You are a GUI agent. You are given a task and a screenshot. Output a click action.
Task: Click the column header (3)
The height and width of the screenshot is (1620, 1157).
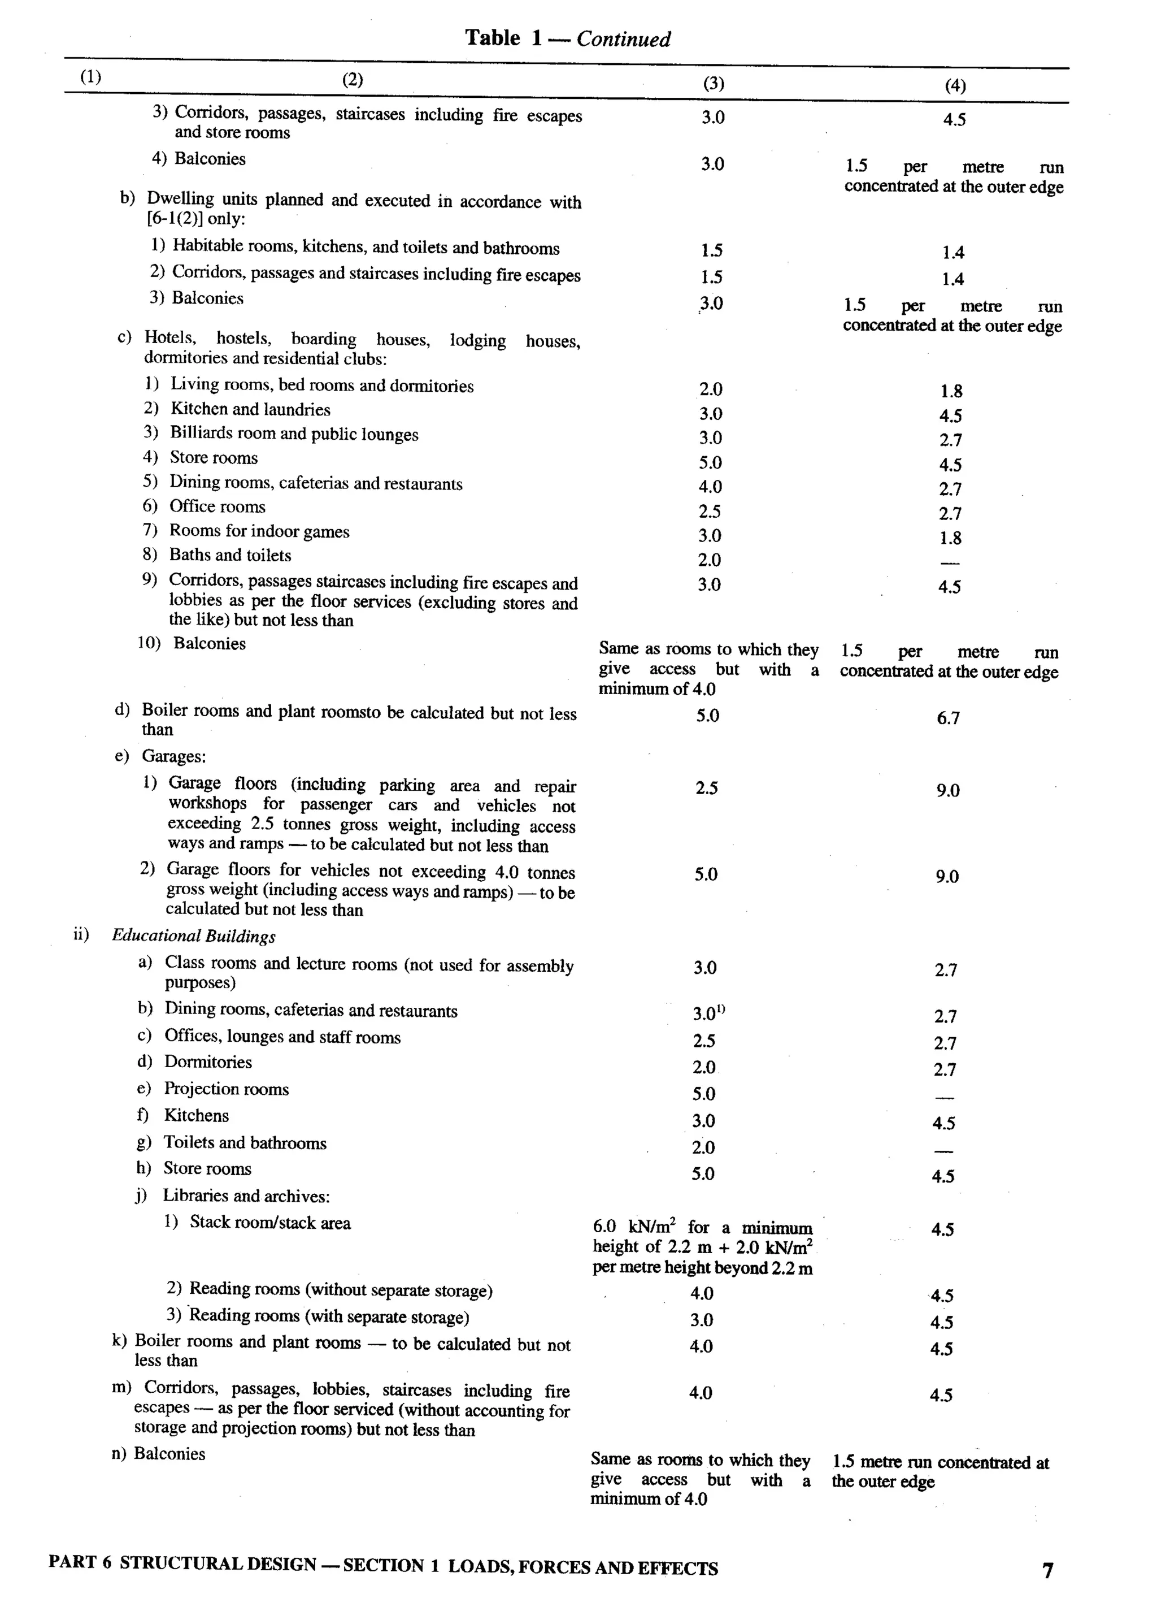coord(713,84)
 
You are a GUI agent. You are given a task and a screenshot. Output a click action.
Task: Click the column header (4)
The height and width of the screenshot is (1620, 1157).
coord(955,86)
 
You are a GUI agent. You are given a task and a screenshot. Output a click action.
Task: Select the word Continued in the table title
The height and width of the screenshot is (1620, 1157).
coord(623,39)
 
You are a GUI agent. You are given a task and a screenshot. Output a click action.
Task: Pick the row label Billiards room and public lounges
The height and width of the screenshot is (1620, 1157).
coord(294,434)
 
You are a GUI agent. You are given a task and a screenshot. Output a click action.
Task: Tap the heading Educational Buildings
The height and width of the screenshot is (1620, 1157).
coord(194,937)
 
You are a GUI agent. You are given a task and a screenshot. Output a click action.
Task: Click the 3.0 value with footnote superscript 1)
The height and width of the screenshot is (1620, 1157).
coord(708,1013)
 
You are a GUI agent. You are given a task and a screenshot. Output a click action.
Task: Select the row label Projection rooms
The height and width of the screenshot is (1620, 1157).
coord(227,1089)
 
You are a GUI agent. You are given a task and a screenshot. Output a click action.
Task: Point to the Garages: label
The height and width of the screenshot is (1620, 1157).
coord(174,756)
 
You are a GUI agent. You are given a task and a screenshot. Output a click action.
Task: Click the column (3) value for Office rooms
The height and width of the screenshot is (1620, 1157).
coord(710,512)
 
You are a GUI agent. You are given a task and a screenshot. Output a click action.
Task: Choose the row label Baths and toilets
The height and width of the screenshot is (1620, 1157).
coord(230,555)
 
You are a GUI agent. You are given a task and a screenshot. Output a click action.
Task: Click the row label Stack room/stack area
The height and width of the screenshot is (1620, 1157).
coord(270,1223)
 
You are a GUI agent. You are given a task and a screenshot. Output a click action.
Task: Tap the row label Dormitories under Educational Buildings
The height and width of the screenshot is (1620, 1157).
coord(208,1062)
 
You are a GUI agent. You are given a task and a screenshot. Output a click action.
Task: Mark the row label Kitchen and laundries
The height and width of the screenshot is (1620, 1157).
coord(250,410)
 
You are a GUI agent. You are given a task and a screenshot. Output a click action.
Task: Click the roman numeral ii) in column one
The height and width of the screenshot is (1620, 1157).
coord(81,934)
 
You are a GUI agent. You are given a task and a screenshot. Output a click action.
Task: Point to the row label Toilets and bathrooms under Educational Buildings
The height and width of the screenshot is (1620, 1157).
coord(245,1143)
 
